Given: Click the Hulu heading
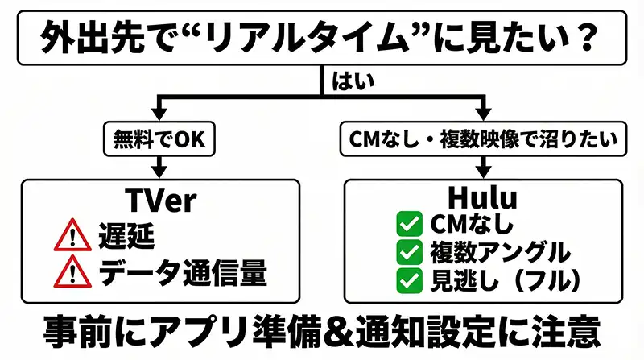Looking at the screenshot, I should click(x=483, y=199).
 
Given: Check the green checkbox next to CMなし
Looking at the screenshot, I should click(x=410, y=222).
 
